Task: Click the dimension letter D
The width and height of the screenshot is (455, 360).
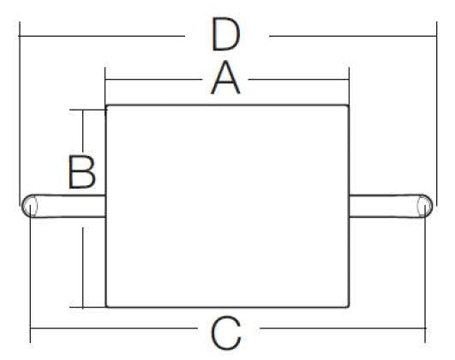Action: pos(226,34)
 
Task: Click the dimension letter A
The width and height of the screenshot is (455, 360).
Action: pos(225,79)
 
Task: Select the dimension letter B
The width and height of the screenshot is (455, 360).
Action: pos(81,172)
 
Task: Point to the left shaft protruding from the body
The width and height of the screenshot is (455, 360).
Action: pos(63,206)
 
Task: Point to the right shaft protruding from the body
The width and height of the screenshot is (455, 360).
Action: pos(391,206)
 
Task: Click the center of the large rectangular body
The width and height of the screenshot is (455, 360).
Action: pos(227,206)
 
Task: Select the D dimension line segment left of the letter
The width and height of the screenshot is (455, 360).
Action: pos(102,36)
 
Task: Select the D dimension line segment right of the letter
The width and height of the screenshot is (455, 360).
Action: pos(353,36)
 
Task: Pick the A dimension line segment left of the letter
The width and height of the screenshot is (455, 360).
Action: pos(153,79)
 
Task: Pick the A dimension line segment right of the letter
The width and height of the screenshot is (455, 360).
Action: pos(298,79)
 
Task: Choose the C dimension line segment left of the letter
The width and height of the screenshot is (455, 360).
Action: pos(114,328)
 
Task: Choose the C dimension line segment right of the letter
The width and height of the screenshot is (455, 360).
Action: pos(343,328)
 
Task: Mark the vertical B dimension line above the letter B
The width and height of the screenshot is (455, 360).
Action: pos(83,131)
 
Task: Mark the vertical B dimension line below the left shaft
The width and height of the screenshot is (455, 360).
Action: pos(83,267)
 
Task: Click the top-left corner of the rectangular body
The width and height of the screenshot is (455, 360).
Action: pos(106,105)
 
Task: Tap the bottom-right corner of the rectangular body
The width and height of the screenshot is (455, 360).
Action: pos(349,307)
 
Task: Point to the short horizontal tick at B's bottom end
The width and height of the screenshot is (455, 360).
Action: pos(87,307)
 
